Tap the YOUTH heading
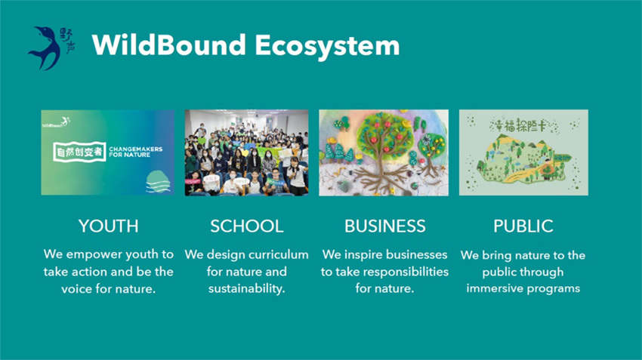108,226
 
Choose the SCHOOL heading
246,226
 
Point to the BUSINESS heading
384,226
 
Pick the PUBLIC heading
523,226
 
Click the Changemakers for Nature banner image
108,152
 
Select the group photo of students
246,152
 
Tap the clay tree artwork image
384,152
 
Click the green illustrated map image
523,152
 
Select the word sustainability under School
246,289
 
